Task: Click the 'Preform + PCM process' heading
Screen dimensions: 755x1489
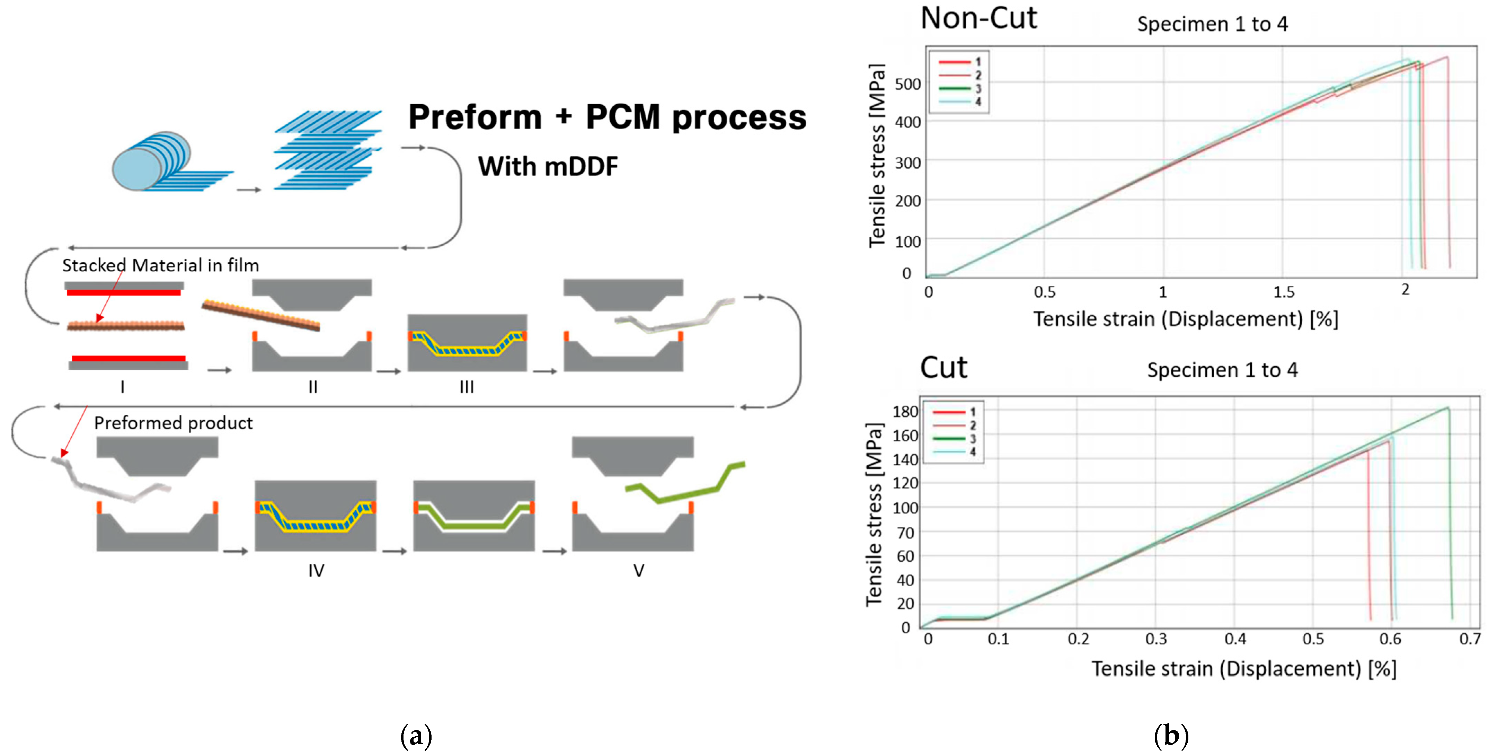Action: [607, 117]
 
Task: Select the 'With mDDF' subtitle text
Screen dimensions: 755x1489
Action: [547, 167]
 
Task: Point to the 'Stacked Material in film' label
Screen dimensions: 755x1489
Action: [161, 265]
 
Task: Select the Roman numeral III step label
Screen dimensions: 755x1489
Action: [467, 387]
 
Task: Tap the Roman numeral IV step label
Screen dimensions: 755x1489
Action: [316, 571]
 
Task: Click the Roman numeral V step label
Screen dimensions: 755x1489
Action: [638, 571]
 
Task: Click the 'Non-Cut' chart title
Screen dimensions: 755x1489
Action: [978, 18]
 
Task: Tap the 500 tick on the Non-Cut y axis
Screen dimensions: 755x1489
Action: [907, 85]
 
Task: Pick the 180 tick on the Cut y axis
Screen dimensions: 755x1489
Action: [905, 412]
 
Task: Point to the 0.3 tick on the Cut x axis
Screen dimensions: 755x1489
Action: [1156, 639]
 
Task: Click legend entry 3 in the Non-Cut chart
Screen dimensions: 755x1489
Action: [959, 88]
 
